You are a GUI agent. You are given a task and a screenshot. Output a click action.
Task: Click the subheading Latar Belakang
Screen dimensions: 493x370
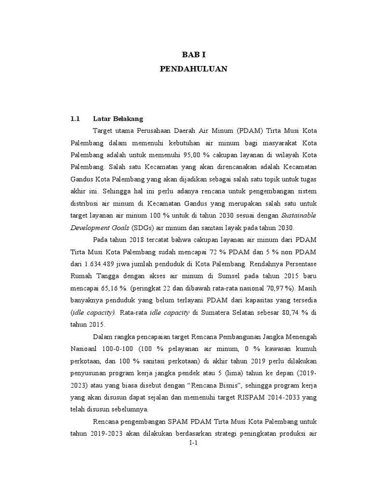pos(118,118)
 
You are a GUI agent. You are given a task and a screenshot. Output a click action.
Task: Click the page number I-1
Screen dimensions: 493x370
pos(194,444)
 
